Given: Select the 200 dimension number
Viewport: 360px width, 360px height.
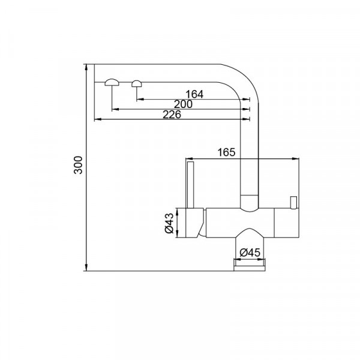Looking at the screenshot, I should coord(183,104).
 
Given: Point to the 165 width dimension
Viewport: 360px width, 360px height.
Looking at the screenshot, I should coord(225,152).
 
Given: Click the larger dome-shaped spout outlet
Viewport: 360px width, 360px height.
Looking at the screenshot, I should coord(112,83).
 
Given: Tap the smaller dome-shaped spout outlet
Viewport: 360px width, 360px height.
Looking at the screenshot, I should coord(137,83).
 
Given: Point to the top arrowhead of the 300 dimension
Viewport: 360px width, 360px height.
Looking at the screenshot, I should coord(87,66).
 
